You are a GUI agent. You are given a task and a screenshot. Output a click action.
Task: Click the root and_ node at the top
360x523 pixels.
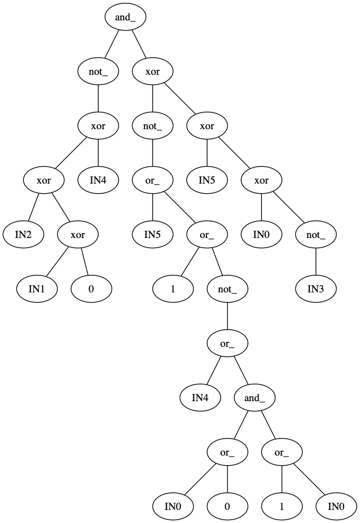tap(125, 17)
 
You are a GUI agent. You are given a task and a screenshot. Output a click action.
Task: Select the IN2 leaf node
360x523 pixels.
tap(23, 234)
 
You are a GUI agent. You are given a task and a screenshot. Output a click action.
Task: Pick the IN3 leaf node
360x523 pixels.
tap(316, 288)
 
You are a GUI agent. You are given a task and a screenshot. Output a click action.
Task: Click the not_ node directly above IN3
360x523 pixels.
tap(316, 234)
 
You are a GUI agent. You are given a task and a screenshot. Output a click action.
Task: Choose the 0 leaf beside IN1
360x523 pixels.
tap(91, 288)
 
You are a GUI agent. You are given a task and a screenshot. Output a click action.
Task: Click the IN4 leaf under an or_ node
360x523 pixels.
tap(200, 397)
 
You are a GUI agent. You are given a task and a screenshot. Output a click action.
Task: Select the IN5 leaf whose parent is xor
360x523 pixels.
tap(207, 180)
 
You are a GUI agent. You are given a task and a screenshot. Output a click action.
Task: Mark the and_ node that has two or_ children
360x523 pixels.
tap(255, 397)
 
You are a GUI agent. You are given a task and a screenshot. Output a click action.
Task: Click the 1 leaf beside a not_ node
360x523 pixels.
tap(173, 288)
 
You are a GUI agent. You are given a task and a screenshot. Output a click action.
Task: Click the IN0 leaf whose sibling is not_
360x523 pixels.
tap(261, 234)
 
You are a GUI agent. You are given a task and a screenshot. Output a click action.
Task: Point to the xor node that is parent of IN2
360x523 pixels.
tap(44, 180)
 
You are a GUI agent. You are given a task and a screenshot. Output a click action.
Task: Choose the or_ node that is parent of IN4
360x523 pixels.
tap(227, 343)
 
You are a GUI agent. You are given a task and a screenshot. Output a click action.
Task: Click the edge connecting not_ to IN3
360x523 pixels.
tap(316, 261)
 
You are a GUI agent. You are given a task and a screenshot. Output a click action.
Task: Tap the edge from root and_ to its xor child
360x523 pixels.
tap(139, 44)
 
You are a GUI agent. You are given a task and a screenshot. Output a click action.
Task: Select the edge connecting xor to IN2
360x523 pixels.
tap(33, 207)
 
